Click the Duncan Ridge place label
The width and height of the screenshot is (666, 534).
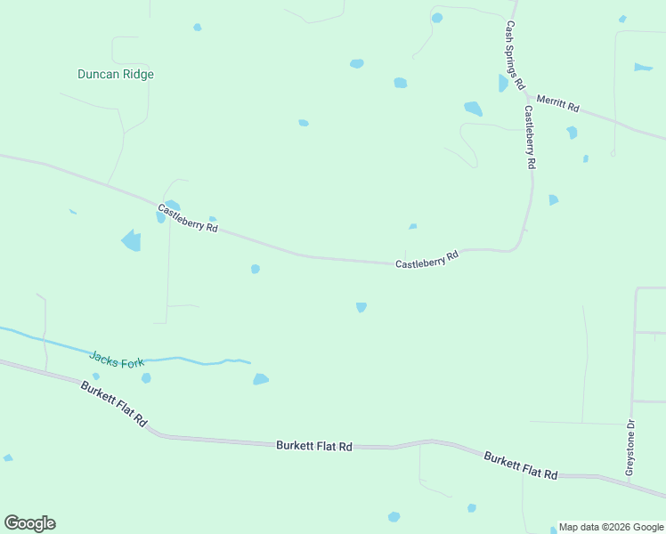[116, 75]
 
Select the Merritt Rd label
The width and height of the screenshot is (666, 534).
[558, 102]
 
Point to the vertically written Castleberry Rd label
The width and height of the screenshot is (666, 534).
[529, 138]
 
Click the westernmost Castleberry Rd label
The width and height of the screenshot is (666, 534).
[188, 218]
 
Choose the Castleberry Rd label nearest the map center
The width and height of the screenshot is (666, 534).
[426, 260]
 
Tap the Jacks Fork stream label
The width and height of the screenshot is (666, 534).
[117, 360]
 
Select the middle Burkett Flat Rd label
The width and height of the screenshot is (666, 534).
[314, 446]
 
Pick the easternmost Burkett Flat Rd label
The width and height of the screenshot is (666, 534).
[521, 465]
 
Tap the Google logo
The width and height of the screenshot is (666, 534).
[29, 523]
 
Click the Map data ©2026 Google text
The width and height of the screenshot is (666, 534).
[612, 527]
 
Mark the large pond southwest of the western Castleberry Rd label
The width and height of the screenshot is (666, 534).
[131, 240]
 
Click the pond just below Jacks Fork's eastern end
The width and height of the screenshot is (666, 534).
[260, 379]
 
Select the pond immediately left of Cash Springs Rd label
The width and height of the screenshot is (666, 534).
[503, 84]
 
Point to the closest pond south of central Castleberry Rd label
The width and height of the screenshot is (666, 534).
[361, 307]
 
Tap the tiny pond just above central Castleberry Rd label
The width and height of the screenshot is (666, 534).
[413, 227]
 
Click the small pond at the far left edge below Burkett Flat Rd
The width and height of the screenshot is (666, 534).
[8, 458]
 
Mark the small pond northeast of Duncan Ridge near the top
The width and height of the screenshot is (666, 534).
[198, 28]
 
